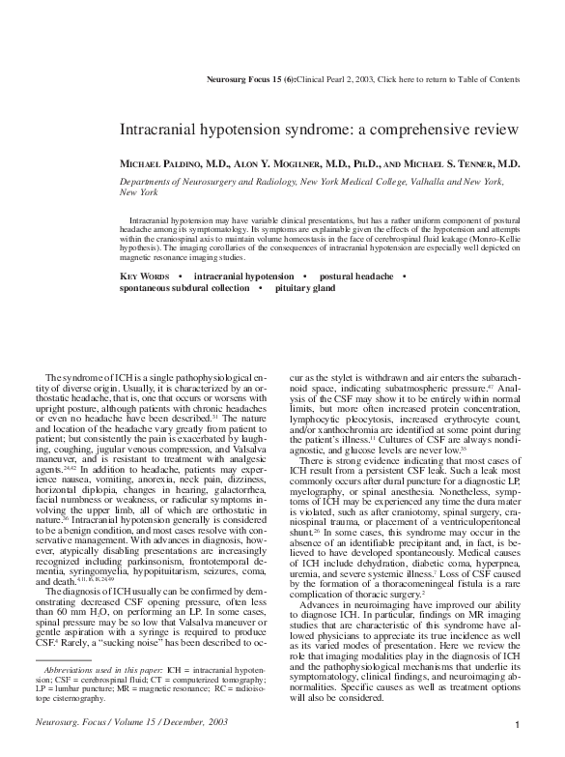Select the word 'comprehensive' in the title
382,129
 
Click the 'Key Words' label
145,277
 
